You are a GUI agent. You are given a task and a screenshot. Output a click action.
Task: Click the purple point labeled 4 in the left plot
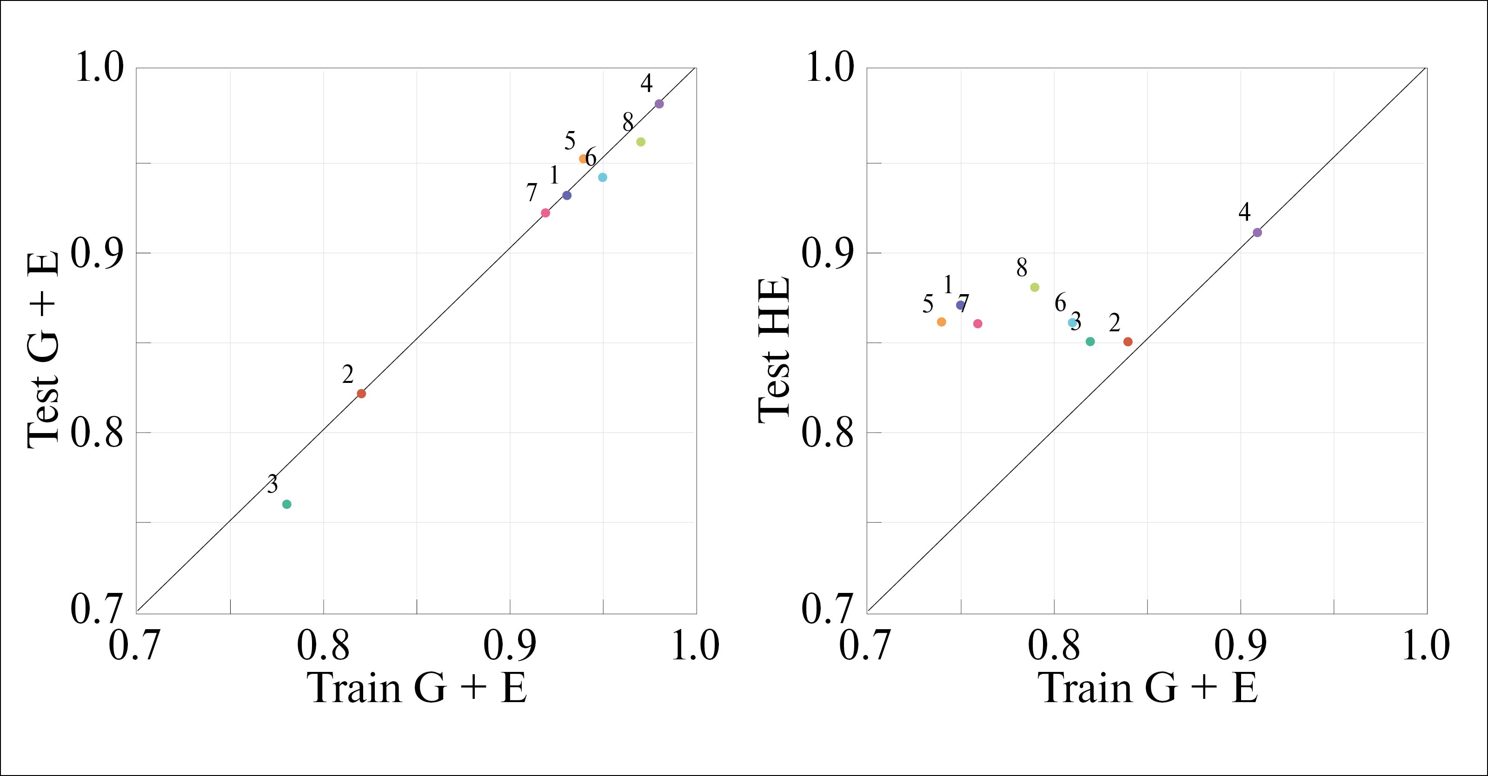point(659,104)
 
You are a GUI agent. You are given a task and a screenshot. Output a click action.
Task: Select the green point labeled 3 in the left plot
point(286,504)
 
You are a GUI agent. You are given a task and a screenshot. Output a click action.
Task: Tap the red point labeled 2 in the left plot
point(362,394)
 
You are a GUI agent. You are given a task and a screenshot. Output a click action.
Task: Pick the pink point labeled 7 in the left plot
point(545,213)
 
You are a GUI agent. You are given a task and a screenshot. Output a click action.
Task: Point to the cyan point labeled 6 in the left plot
point(603,177)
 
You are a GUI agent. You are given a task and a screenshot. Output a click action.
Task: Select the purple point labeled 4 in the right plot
point(1257,233)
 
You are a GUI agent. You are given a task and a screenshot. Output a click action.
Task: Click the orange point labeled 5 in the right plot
point(942,322)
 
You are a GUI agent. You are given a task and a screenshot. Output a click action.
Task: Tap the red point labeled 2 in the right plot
point(1128,342)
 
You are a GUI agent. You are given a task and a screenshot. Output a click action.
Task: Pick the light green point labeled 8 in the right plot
point(1035,287)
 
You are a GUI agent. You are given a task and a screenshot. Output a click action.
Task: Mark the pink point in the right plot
point(978,324)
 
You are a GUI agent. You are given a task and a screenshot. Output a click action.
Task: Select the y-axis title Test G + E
point(43,349)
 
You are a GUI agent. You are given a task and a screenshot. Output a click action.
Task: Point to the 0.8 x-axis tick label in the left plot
point(324,645)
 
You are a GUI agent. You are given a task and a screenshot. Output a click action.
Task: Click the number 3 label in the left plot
point(272,484)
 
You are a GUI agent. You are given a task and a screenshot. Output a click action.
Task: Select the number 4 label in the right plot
point(1244,212)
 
